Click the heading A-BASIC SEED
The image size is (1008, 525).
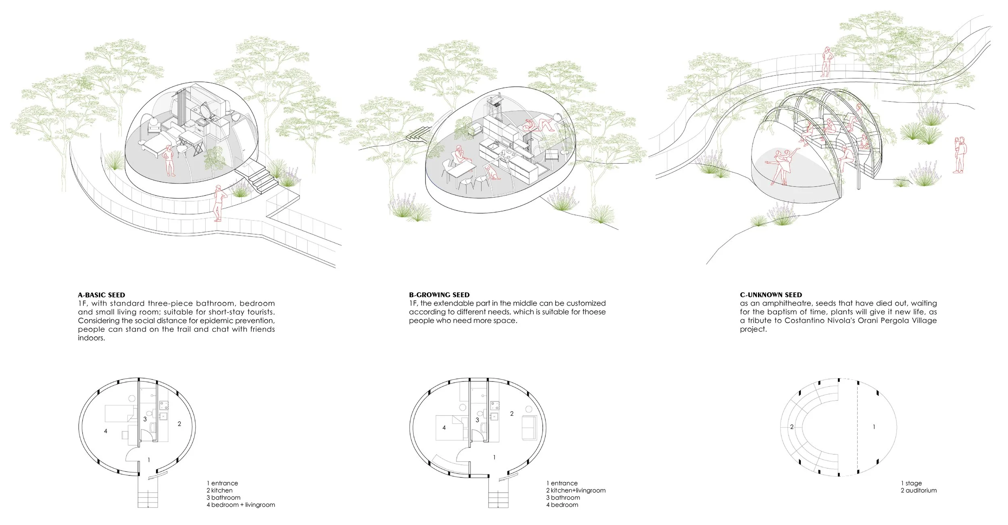(101, 295)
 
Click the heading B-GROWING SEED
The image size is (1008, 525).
(439, 295)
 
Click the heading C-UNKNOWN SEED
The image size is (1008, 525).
(771, 295)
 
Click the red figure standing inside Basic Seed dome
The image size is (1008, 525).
(169, 159)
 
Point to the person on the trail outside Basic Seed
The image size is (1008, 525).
(219, 203)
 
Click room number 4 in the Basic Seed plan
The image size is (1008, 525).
(106, 431)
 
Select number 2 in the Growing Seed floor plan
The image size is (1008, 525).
(512, 413)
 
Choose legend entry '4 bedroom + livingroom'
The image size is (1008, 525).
(241, 504)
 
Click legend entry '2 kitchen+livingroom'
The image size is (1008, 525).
(576, 490)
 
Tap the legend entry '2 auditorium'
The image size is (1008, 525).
(918, 490)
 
